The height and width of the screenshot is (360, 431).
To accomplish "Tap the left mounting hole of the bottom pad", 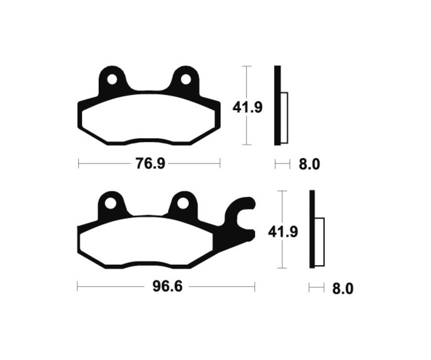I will point(111,203).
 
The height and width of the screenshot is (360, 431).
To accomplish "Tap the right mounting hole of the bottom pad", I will point(182,203).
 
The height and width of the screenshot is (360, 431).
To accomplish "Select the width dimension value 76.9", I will point(150,164).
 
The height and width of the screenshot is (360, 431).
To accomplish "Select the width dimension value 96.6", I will point(160,287).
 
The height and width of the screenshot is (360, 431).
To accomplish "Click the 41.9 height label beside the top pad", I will point(247,107).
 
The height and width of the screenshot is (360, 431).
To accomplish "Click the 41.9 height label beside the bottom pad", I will point(283,232).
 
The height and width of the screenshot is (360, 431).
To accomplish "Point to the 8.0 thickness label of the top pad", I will point(309,165).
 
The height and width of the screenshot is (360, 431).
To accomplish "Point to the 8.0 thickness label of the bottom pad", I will point(342,289).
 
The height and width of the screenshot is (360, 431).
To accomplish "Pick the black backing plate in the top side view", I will point(277,105).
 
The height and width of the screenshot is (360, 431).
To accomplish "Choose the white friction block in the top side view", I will point(284,117).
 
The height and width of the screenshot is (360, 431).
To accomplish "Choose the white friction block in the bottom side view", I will point(319,241).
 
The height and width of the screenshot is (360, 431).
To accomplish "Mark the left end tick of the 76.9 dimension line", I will point(79,164).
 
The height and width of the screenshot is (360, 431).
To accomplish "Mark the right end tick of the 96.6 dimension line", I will point(254,287).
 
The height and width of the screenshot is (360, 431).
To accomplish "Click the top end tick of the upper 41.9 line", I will point(246,66).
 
